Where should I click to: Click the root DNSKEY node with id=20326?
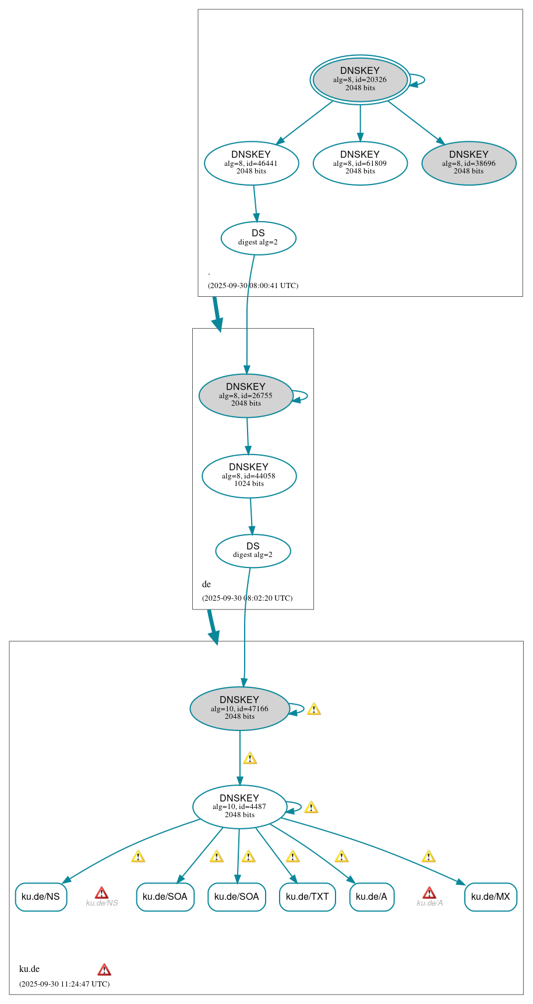pos(360,80)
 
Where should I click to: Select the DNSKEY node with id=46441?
pos(251,163)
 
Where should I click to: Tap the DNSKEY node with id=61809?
pos(360,163)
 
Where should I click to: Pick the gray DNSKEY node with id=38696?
pos(468,163)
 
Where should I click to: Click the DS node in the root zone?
pos(258,237)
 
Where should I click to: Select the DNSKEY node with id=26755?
pos(246,395)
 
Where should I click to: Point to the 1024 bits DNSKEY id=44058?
pos(249,476)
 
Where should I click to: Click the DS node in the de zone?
pos(253,551)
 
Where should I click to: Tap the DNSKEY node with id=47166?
pos(239,708)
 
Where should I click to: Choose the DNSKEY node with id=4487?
pos(239,807)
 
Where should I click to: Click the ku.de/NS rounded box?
pos(41,897)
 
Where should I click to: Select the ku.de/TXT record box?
pos(307,897)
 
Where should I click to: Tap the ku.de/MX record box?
pos(490,897)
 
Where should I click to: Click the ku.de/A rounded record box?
pos(372,897)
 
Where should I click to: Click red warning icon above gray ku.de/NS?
pos(101,893)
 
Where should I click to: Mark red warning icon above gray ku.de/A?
pos(429,893)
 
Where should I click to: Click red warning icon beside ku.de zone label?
pos(104,970)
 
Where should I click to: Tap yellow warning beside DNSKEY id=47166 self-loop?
pos(314,709)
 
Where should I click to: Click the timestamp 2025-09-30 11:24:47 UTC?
pos(64,984)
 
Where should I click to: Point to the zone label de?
pos(206,584)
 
